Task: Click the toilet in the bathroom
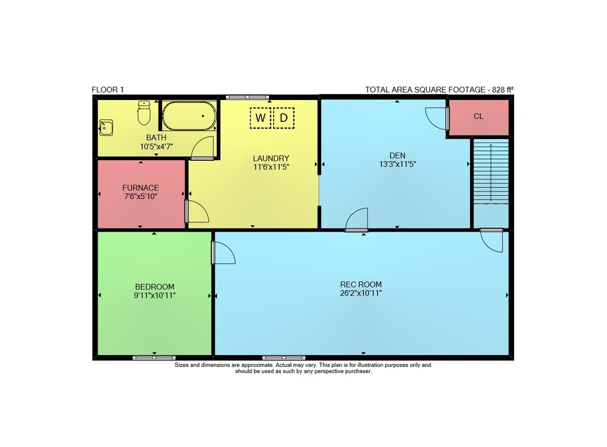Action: pos(144,113)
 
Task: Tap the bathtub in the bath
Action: pos(189,116)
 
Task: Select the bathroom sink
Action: pos(106,127)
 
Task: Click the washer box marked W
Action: pos(260,118)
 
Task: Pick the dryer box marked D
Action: pos(283,118)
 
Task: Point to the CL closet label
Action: pos(478,116)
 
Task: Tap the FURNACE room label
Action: pos(141,187)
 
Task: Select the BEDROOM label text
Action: pos(154,287)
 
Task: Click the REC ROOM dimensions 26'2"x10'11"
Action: pos(361,293)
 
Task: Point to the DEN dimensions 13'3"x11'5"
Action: pos(398,164)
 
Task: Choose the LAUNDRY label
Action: pos(271,158)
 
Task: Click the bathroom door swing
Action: pos(203,147)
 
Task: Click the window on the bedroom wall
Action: pos(154,358)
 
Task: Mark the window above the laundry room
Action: pos(248,97)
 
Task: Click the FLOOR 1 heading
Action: pos(107,90)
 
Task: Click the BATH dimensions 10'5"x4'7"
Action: pos(157,147)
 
